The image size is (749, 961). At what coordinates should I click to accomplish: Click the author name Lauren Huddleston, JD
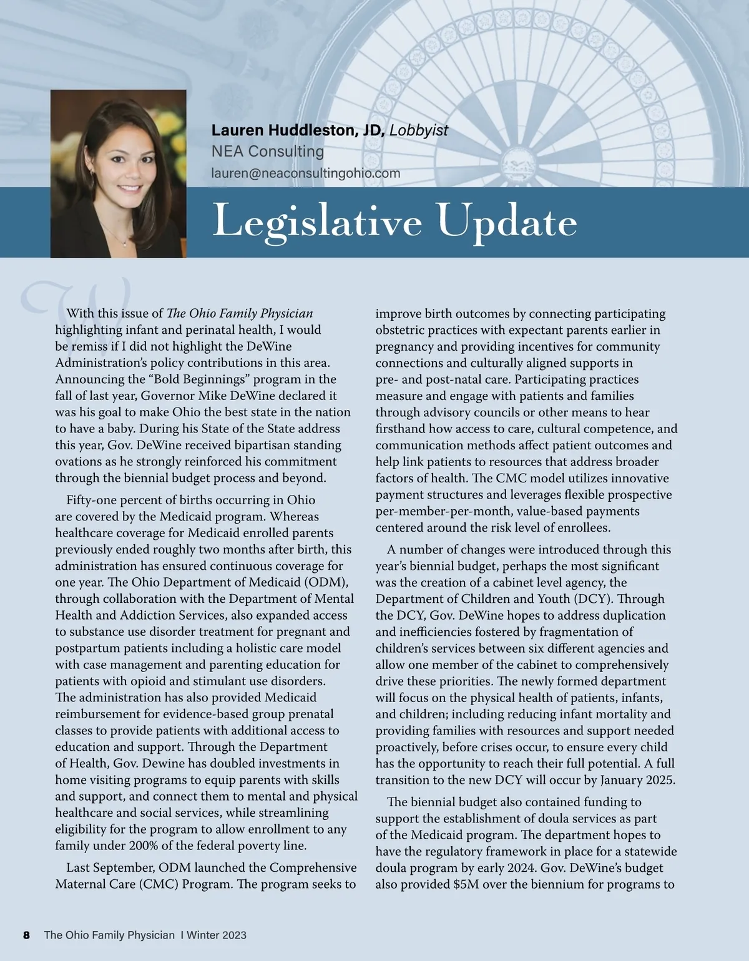pos(298,130)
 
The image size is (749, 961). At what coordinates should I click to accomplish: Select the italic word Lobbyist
pos(419,130)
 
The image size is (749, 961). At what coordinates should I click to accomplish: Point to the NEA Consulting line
pos(268,152)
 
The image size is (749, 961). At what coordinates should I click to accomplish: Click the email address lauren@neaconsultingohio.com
pos(306,173)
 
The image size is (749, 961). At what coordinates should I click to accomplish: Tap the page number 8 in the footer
pos(26,935)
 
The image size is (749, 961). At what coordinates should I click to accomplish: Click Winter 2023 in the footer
pos(217,935)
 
